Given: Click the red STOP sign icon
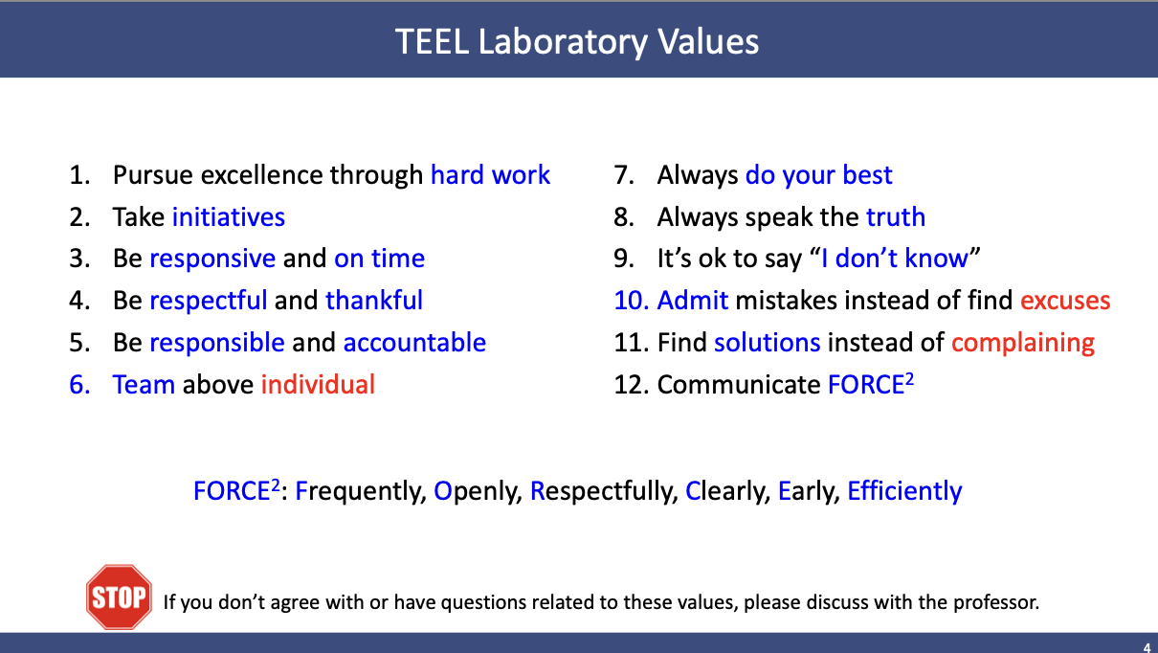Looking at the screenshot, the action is tap(119, 597).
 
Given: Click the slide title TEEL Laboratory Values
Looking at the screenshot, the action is tap(577, 42).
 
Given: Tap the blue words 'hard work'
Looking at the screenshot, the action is tap(490, 175).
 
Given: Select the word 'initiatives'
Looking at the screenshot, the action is tap(229, 216).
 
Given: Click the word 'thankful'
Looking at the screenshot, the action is tap(374, 300).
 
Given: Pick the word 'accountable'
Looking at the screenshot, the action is tap(414, 342).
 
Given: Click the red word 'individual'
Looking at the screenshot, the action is tap(318, 384).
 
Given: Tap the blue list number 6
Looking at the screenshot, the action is tap(79, 385).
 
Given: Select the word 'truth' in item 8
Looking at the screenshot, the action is tap(896, 216).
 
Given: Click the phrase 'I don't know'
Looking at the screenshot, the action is tap(895, 258).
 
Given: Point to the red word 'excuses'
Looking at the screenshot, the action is tap(1065, 301).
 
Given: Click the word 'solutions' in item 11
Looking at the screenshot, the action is tap(768, 342).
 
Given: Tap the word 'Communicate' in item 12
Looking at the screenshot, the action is tap(739, 384).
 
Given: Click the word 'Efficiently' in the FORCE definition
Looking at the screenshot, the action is tap(904, 491).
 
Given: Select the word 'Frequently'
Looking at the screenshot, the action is tap(361, 491).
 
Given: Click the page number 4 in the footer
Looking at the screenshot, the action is tap(1147, 647).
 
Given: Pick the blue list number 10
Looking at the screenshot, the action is tap(632, 301).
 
